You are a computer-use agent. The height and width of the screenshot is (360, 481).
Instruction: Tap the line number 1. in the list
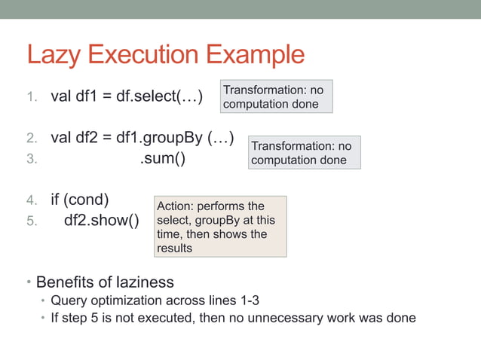point(32,97)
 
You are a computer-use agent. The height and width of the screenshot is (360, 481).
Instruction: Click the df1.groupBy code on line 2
point(186,138)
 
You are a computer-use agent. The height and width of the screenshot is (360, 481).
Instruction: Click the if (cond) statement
point(80,200)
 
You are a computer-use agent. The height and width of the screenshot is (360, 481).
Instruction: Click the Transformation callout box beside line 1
point(275,96)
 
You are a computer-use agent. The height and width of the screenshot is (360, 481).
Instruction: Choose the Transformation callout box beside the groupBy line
point(304,152)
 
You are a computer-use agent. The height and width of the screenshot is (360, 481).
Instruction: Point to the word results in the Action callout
point(175,249)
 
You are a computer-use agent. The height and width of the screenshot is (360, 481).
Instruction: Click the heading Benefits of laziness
point(105,282)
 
